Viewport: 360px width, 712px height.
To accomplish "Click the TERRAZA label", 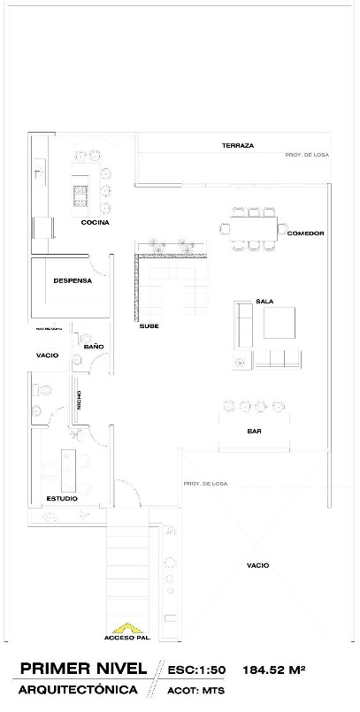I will (238, 145).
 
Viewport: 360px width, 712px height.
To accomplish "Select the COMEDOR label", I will (306, 234).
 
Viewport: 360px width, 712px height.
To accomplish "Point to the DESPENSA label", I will (73, 281).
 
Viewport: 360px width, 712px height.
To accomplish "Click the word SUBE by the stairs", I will (149, 326).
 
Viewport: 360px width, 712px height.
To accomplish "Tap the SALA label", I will (264, 301).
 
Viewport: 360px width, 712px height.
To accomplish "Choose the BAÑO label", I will (95, 347).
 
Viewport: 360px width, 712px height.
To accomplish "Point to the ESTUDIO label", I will (61, 499).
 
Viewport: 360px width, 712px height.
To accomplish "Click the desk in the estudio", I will (68, 466).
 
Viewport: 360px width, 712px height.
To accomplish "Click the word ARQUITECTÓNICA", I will (79, 689).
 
